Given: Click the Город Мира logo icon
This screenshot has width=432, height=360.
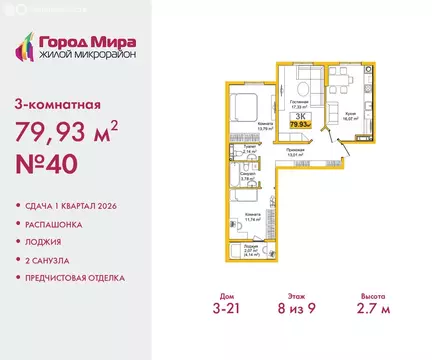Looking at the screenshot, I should [27, 45].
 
